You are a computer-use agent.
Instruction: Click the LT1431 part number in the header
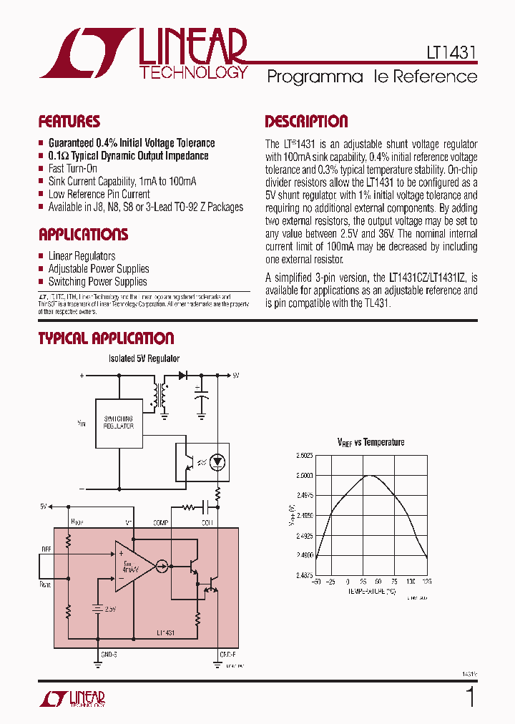pyautogui.click(x=447, y=53)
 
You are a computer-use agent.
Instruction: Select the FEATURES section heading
pyautogui.click(x=69, y=122)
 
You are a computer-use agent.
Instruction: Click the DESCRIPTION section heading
pyautogui.click(x=306, y=122)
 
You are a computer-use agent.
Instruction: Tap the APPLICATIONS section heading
pyautogui.click(x=83, y=235)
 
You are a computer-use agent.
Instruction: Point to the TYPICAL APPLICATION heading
pyautogui.click(x=106, y=338)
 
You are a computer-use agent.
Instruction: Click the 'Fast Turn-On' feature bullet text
pyautogui.click(x=72, y=169)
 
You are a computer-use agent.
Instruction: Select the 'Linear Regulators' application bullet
pyautogui.click(x=82, y=256)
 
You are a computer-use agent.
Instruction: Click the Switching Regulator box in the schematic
pyautogui.click(x=119, y=422)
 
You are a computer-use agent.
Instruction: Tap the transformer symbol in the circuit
pyautogui.click(x=158, y=394)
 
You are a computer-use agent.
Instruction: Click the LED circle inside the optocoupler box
pyautogui.click(x=219, y=462)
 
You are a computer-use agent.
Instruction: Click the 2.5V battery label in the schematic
pyautogui.click(x=109, y=610)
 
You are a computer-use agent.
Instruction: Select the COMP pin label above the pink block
pyautogui.click(x=160, y=523)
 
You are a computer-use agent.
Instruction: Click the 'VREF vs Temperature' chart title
pyautogui.click(x=371, y=442)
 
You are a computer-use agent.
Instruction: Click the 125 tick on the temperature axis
pyautogui.click(x=427, y=582)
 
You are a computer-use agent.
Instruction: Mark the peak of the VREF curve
pyautogui.click(x=370, y=475)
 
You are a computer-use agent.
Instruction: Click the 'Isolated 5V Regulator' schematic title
pyautogui.click(x=144, y=358)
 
